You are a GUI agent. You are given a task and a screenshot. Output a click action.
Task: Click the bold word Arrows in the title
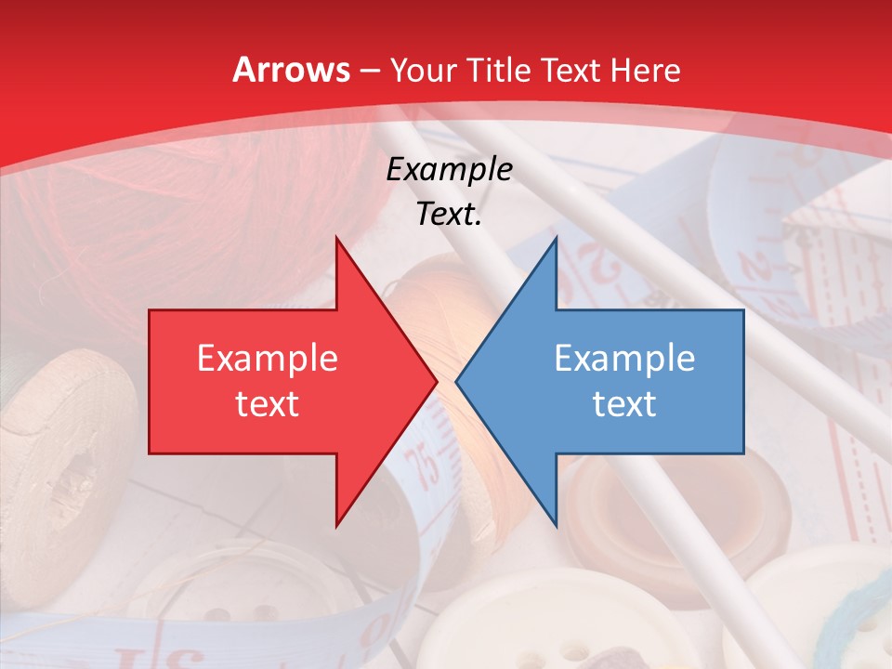(x=291, y=70)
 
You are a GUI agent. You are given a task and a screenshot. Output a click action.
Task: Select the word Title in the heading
(x=496, y=70)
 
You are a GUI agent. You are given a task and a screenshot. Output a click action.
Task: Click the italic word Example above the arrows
(x=449, y=170)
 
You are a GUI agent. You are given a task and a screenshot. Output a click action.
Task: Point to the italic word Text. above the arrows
(x=449, y=215)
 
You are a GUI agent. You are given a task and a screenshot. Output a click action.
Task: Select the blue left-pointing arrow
(x=632, y=382)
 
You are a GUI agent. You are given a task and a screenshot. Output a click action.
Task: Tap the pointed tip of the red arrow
(x=435, y=382)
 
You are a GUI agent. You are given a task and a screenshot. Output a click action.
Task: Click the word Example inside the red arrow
(x=268, y=359)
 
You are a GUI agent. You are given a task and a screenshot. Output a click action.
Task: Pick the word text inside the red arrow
(x=268, y=404)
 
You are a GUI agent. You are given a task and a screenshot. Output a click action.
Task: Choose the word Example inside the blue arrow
(x=624, y=359)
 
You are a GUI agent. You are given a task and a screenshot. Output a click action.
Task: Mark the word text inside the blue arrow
(x=624, y=404)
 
